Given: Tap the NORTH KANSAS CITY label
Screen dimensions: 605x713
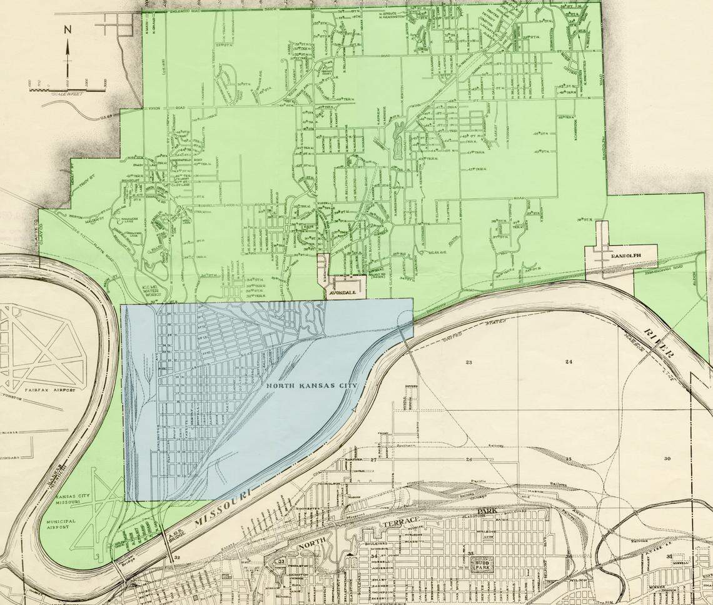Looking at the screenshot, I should [311, 386].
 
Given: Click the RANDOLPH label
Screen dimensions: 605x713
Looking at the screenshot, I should [619, 256].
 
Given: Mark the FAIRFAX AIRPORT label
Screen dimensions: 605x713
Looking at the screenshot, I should [50, 390].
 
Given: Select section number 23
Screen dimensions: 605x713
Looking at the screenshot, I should [468, 362].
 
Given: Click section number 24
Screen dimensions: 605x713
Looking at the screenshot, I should [569, 362].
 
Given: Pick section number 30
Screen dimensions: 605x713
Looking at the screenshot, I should [667, 459].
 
